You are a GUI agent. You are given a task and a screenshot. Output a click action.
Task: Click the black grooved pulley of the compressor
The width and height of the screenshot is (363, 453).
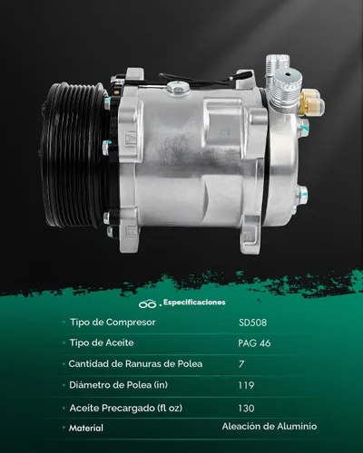(x=73, y=157)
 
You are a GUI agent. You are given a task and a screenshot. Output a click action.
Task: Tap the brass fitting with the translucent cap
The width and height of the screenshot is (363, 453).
(x=311, y=102)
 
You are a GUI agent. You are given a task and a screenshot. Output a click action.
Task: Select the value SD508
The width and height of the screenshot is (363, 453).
(x=252, y=323)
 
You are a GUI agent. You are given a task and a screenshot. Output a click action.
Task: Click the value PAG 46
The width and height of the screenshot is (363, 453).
(x=254, y=343)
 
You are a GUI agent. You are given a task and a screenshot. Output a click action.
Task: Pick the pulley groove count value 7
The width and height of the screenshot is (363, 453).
(x=241, y=364)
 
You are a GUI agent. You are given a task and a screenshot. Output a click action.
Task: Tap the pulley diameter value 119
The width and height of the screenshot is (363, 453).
(x=246, y=385)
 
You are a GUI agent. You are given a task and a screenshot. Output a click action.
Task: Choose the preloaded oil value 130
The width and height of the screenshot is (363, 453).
(x=246, y=409)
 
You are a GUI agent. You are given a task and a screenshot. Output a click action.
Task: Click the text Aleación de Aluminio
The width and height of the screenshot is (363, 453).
(x=270, y=426)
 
